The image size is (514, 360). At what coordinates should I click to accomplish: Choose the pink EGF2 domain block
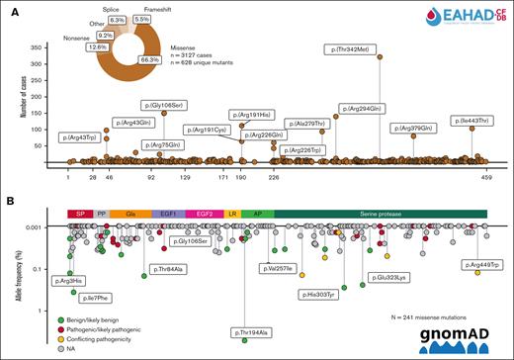click(205, 214)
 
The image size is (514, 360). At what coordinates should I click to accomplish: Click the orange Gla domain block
click(129, 214)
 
